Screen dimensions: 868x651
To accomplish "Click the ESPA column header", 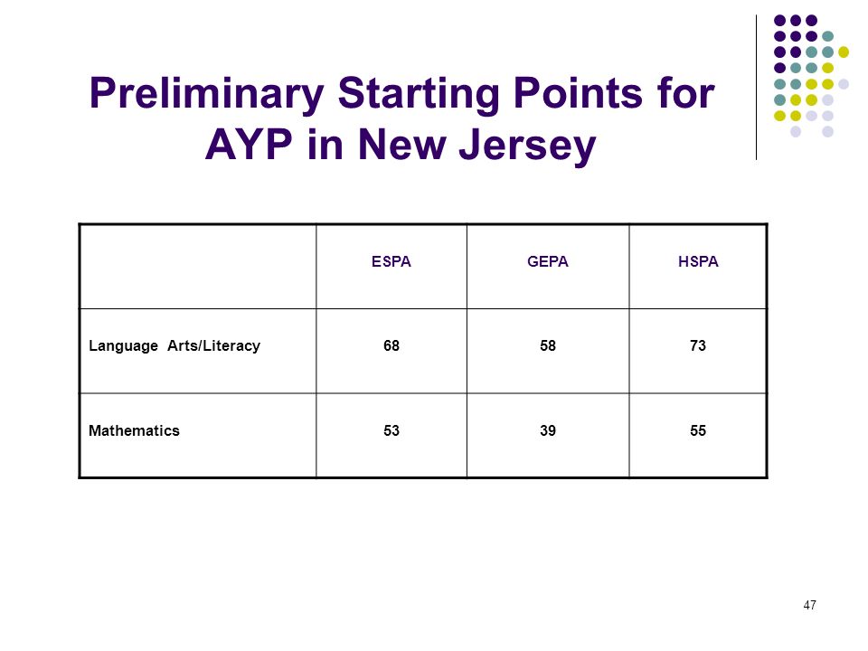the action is click(392, 261).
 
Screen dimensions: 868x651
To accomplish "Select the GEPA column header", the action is click(548, 261).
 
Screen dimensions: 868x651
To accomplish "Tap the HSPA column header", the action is click(698, 261).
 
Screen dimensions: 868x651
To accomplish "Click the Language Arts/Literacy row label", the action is click(175, 346).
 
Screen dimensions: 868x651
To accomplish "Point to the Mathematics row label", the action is click(134, 430).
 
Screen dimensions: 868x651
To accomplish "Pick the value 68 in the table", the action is click(392, 345).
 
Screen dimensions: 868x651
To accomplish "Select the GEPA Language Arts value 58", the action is click(548, 345).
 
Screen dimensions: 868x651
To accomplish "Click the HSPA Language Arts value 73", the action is click(698, 345).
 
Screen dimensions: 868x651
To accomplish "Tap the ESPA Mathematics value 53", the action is click(392, 430).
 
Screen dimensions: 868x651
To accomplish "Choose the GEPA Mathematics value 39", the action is click(548, 430).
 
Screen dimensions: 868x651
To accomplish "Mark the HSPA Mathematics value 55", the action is click(698, 430).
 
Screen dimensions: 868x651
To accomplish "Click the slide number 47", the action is click(809, 605).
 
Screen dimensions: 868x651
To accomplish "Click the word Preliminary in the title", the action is click(206, 94).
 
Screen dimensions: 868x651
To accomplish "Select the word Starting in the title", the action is click(420, 94).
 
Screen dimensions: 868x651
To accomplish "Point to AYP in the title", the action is click(249, 145).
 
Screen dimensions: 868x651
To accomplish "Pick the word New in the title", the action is click(401, 145).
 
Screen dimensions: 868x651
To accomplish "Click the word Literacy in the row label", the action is click(231, 346).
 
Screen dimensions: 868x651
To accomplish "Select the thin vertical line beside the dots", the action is click(756, 88).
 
